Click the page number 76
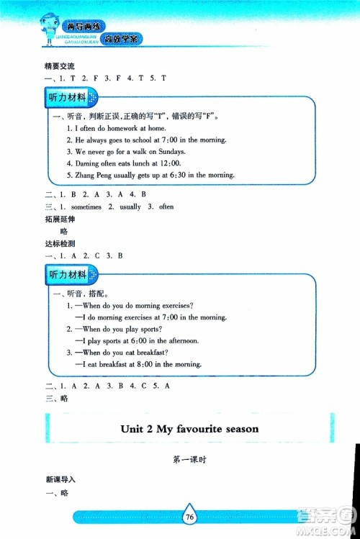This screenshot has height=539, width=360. (x=189, y=517)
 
